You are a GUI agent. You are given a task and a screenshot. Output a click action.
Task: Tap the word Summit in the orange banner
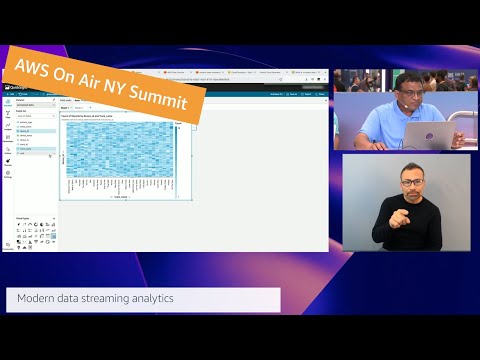coord(173,97)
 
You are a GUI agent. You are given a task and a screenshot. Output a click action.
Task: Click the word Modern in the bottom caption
coord(37,298)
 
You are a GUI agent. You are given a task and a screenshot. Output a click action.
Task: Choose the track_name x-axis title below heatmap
coord(120,197)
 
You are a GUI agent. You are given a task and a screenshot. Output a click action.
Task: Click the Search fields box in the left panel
coord(34,116)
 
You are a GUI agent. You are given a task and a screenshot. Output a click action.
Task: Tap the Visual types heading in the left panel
coord(23,216)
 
